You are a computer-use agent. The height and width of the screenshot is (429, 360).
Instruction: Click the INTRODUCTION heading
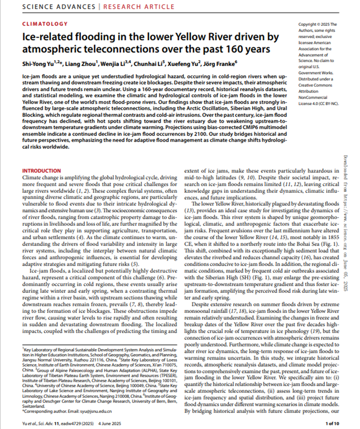pos(42,170)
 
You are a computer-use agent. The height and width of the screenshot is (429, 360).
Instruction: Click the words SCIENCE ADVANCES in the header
pos(59,7)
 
